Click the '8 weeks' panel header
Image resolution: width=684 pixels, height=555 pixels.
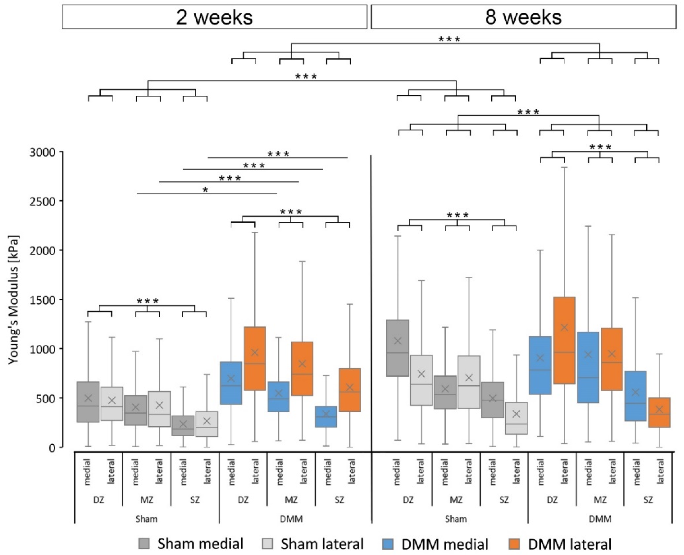[x=523, y=17]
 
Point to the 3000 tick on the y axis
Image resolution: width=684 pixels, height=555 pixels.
[x=42, y=152]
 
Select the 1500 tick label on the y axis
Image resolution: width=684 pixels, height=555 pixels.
[x=42, y=300]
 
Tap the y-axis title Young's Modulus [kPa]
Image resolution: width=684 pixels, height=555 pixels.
[x=13, y=300]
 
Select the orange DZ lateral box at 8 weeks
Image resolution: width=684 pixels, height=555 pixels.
[x=564, y=340]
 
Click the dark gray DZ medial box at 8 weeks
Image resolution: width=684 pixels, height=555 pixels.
[x=398, y=348]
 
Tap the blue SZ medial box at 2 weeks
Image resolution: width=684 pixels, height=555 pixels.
[x=326, y=416]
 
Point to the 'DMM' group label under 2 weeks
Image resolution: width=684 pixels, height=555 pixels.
[x=291, y=519]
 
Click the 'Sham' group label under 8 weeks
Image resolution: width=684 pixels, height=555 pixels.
[x=456, y=519]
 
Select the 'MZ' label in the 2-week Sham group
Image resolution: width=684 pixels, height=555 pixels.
[x=147, y=499]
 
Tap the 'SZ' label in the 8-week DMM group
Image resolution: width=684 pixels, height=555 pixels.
[x=648, y=499]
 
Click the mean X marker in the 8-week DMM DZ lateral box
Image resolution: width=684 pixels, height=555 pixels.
[x=564, y=327]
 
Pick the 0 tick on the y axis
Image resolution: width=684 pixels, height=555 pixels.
[x=51, y=448]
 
